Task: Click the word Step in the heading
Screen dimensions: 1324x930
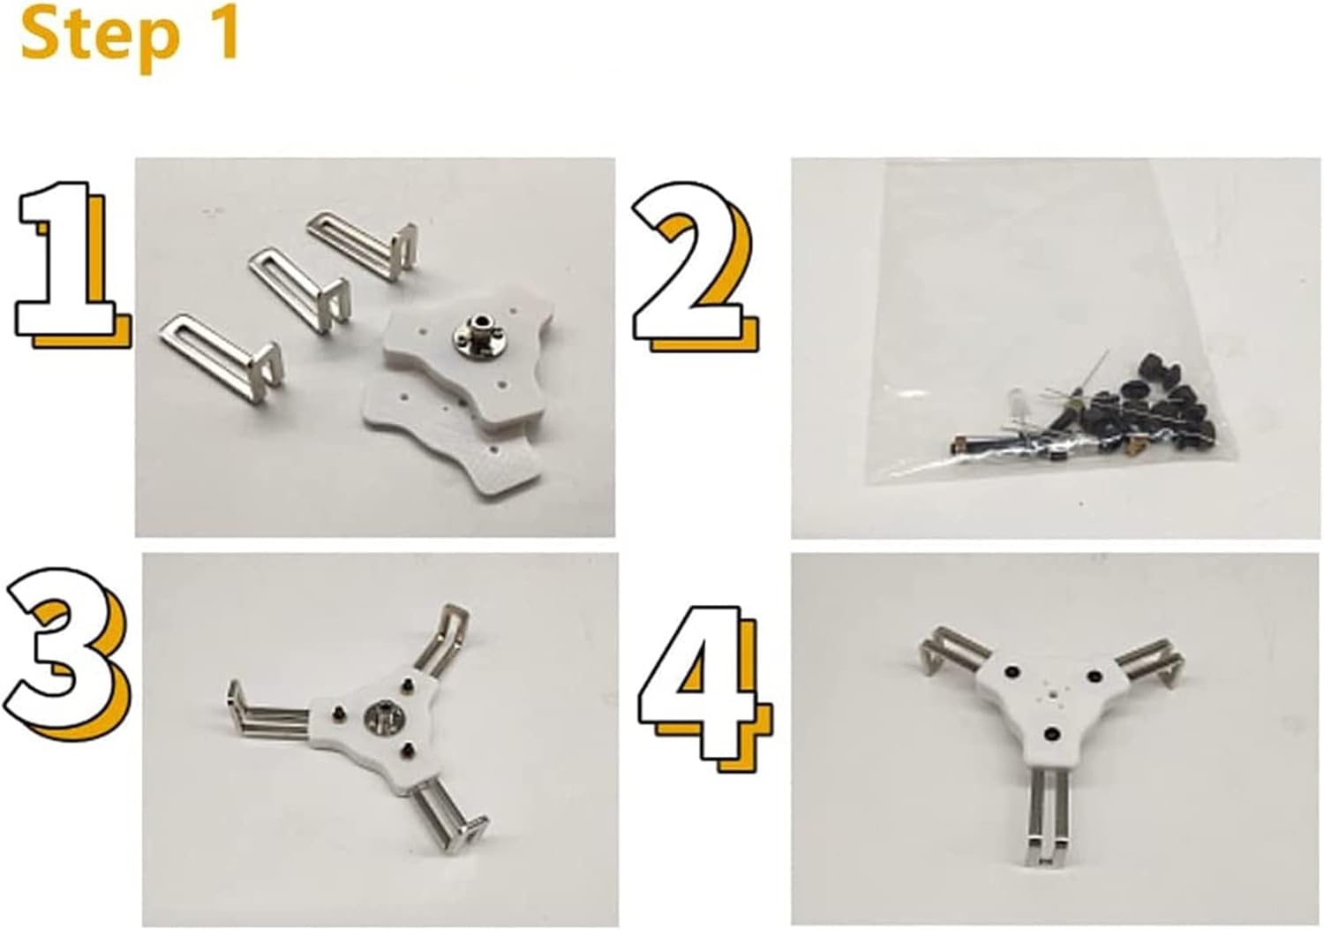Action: click(x=99, y=39)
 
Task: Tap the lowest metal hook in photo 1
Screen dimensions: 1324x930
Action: click(x=221, y=358)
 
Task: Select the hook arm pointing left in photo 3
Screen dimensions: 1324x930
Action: click(x=269, y=711)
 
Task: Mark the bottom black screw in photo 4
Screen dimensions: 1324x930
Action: click(x=1051, y=734)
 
